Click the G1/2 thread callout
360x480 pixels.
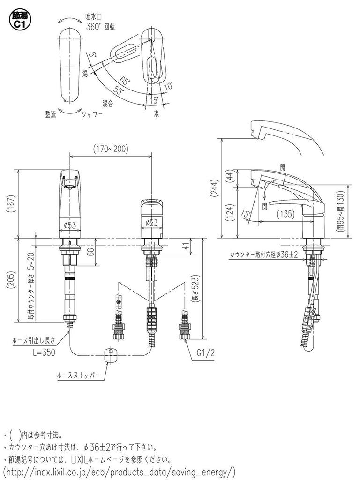pyautogui.click(x=204, y=352)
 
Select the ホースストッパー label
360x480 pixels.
pyautogui.click(x=78, y=375)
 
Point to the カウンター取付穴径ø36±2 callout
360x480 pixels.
pyautogui.click(x=263, y=255)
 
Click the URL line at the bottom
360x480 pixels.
pyautogui.click(x=120, y=470)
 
